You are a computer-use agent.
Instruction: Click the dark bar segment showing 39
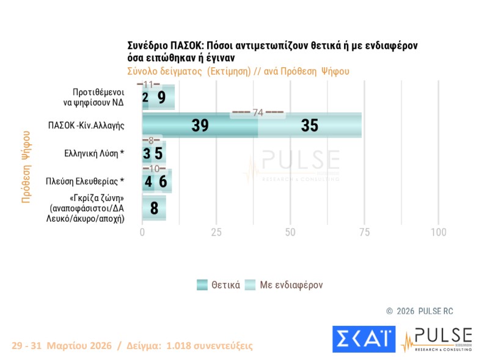[200, 125]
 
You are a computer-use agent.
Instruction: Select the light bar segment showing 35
[310, 125]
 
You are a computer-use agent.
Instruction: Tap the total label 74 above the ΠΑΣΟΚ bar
[257, 112]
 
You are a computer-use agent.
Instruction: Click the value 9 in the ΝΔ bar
[161, 97]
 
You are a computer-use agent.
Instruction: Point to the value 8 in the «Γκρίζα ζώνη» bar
[154, 209]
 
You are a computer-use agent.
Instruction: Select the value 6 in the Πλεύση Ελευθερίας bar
[163, 182]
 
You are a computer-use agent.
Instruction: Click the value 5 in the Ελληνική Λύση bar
[158, 153]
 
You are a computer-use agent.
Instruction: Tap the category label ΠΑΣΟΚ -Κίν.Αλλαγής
[86, 125]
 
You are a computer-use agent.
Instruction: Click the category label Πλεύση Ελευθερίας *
[86, 182]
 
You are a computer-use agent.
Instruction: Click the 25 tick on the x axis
[216, 233]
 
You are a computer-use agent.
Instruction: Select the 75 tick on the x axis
[364, 233]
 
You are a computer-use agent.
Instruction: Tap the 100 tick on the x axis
[438, 233]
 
